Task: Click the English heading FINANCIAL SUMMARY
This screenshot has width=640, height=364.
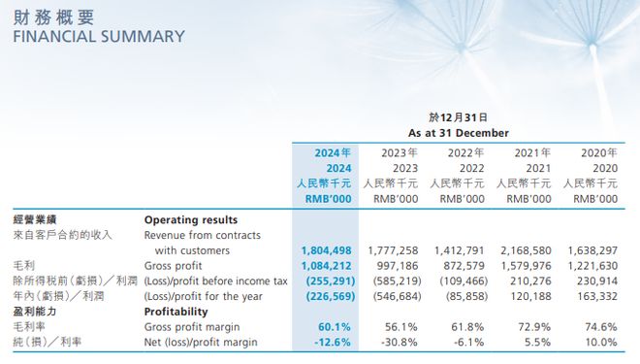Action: tap(98, 36)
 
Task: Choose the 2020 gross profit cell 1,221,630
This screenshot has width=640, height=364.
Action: tap(589, 266)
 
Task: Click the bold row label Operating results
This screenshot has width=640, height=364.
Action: tap(190, 219)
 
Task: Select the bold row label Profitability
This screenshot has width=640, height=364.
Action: tap(176, 313)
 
